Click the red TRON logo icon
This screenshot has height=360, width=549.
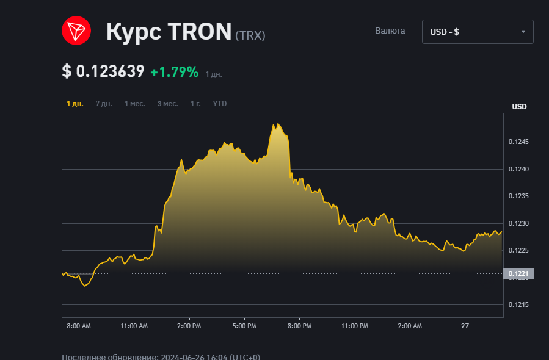76,31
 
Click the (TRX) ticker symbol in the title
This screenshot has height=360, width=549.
250,35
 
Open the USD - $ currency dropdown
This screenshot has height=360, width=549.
477,32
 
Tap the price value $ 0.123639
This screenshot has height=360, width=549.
103,71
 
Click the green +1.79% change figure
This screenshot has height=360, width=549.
175,72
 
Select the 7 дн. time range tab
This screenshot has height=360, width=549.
104,104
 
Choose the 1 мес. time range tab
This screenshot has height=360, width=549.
135,104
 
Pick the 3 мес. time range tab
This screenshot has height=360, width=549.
168,104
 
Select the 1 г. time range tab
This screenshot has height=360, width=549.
195,104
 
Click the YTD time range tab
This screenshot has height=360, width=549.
220,104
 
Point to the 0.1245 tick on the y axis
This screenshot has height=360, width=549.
518,142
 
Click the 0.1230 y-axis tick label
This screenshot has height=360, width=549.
518,223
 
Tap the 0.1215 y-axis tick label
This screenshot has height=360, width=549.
518,304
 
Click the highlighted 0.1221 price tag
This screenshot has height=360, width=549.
518,274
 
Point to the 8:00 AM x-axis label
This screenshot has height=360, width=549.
78,326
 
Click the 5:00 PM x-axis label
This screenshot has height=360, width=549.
244,326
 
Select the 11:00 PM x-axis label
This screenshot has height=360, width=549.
355,326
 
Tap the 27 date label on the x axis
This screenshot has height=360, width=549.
465,326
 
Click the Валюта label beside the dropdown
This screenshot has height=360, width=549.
390,31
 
